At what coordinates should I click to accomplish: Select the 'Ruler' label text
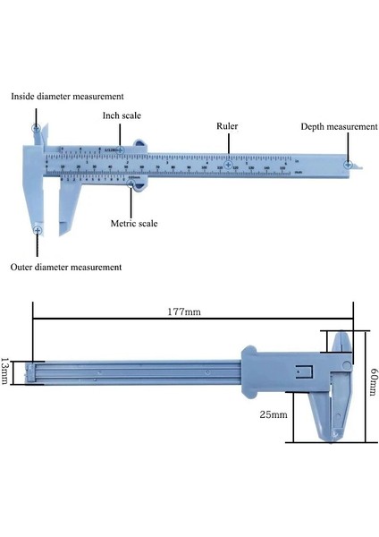[229, 126]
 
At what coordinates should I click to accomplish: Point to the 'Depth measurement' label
[339, 127]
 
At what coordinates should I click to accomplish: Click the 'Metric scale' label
[134, 223]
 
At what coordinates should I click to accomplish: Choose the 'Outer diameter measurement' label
[66, 267]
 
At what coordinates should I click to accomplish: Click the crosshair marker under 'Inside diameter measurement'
[37, 129]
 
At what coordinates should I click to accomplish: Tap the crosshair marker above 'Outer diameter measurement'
[38, 231]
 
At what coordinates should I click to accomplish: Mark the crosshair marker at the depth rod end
[346, 164]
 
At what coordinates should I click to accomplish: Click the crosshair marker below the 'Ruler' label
[229, 166]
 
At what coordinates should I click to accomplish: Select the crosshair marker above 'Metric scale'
[131, 186]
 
